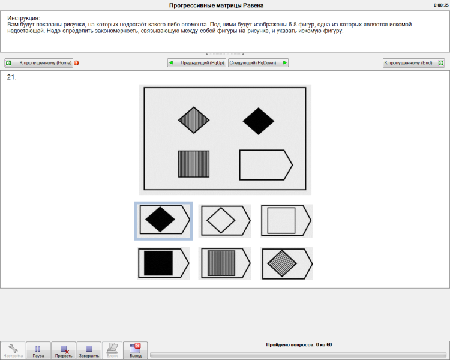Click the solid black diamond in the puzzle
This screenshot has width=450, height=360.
pos(258,121)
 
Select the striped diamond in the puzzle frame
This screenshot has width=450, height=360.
pos(194,120)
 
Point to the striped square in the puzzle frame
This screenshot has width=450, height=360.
pos(194,164)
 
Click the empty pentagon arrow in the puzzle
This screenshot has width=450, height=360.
pos(266,165)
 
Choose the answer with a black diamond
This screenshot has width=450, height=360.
pos(163,221)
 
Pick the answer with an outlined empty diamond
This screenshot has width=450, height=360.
pos(225,221)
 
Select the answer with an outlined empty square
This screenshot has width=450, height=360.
pos(286,221)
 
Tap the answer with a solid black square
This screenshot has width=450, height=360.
pos(163,263)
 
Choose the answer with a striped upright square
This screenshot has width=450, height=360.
pos(225,263)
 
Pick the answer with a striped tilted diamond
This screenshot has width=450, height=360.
pos(286,263)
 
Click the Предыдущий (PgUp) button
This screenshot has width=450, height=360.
pos(197,62)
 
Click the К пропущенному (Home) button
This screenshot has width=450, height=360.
pos(39,62)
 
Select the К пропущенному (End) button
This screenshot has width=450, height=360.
pos(414,62)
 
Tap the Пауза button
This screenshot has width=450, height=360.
pos(38,350)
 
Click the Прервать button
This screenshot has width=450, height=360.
pos(64,350)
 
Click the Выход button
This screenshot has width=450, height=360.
pos(135,350)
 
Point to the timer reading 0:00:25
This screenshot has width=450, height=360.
pos(441,5)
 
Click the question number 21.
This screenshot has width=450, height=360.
pos(12,77)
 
